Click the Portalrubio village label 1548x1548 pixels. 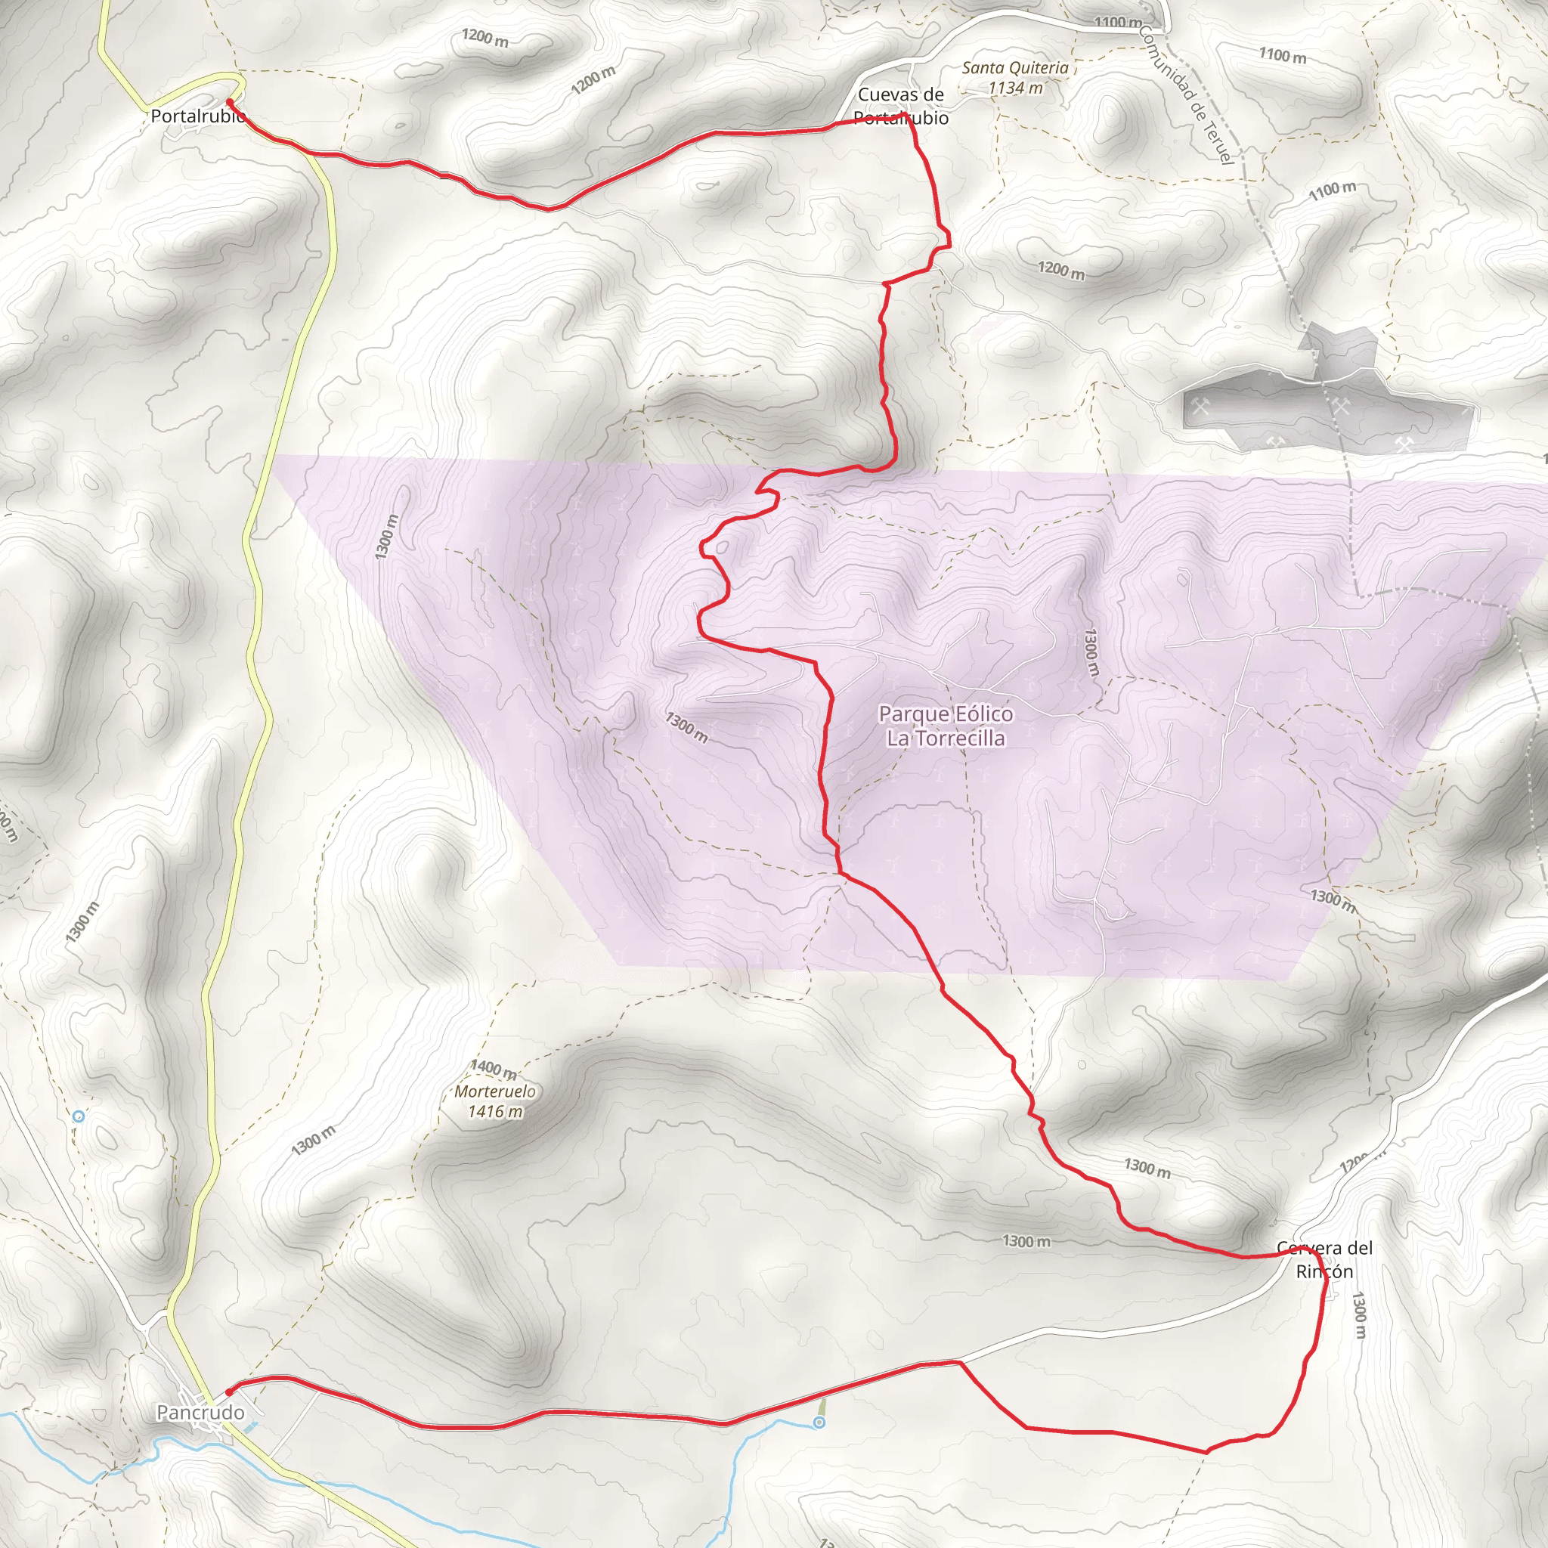click(x=197, y=117)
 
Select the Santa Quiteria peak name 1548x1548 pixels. click(x=1014, y=68)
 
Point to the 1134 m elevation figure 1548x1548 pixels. click(x=1015, y=88)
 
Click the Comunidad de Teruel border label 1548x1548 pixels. click(x=1185, y=94)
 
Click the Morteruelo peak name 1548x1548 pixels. click(x=495, y=1091)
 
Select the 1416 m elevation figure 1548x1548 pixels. click(x=495, y=1111)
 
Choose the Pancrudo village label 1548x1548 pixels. click(x=200, y=1413)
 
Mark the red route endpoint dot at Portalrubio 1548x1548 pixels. click(x=230, y=103)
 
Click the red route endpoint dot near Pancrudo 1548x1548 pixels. click(x=229, y=1392)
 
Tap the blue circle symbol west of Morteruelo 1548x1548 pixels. click(x=79, y=1116)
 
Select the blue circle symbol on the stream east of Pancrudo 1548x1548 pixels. click(x=818, y=1423)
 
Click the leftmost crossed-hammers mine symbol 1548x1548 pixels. click(x=1200, y=406)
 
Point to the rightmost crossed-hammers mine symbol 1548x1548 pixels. click(x=1403, y=444)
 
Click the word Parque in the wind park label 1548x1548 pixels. click(x=909, y=714)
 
